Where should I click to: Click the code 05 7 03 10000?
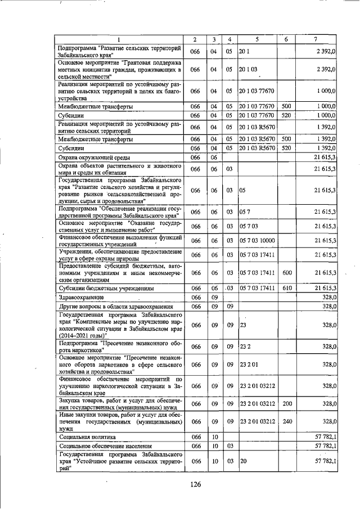coord(257,241)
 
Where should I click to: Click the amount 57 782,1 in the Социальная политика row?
coord(325,436)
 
